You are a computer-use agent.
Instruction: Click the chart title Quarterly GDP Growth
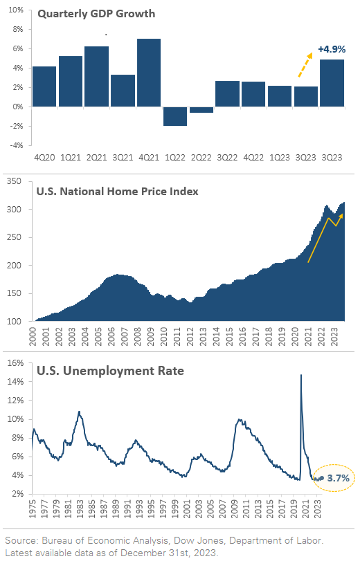[x=96, y=14]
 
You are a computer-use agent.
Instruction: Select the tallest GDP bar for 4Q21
[x=149, y=73]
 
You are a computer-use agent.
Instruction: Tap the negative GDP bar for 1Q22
[x=175, y=116]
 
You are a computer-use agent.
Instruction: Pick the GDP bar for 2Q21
[x=96, y=76]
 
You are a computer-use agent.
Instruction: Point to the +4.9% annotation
[x=332, y=49]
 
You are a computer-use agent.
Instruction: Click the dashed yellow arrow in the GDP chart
[x=305, y=65]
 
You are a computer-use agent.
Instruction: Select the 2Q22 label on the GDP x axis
[x=201, y=158]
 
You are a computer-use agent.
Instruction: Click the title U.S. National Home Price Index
[x=118, y=191]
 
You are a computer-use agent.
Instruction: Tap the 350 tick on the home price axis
[x=14, y=181]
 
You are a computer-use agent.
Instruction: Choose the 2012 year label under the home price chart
[x=190, y=336]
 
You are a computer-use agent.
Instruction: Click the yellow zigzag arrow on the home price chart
[x=325, y=238]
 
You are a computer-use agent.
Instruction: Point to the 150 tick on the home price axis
[x=14, y=293]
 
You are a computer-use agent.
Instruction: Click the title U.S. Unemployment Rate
[x=110, y=371]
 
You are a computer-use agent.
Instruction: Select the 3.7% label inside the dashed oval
[x=338, y=478]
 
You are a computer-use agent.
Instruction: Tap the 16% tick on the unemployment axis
[x=16, y=362]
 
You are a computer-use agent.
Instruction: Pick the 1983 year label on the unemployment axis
[x=80, y=509]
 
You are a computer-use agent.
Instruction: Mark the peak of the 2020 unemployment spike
[x=300, y=375]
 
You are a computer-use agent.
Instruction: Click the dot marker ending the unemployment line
[x=321, y=478]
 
